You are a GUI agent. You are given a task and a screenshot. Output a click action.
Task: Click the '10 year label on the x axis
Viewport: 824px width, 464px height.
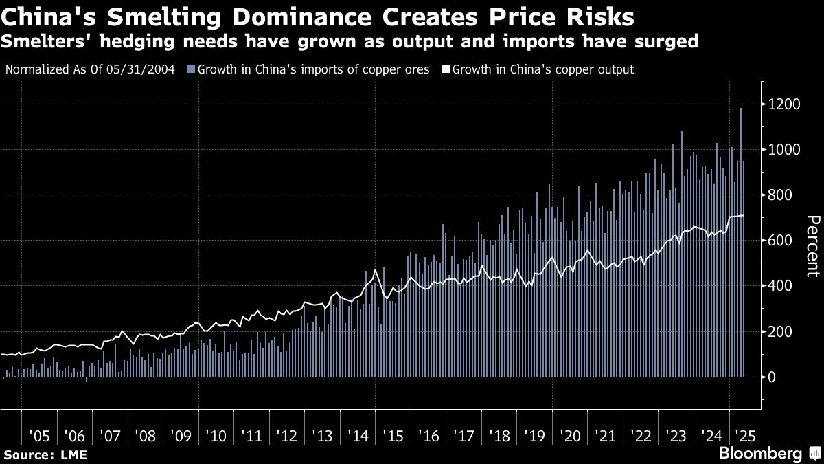coord(216,436)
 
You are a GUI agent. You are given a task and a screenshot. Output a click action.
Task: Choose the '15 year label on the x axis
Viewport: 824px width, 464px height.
coord(393,436)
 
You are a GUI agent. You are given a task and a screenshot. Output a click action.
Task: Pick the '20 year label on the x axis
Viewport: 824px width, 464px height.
coord(569,436)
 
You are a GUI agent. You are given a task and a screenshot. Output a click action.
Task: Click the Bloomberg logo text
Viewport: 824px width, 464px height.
coord(760,454)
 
